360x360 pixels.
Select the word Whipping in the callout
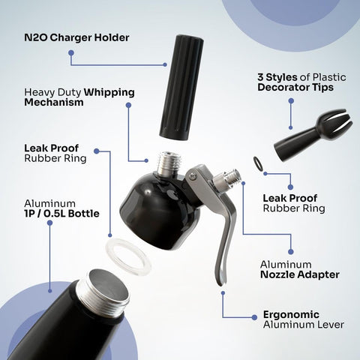click(x=109, y=91)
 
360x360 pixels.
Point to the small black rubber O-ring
click(x=259, y=161)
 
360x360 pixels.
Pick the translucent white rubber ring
click(x=128, y=255)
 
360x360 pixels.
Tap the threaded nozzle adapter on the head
click(x=229, y=181)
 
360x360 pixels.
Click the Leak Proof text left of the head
click(x=50, y=147)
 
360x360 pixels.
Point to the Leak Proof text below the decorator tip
click(x=289, y=198)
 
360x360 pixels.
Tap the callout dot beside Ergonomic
click(x=253, y=317)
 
